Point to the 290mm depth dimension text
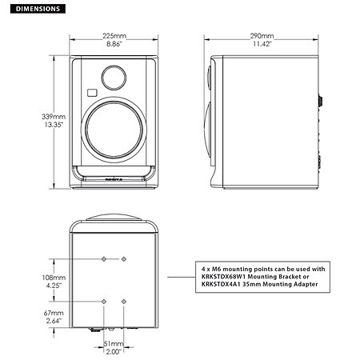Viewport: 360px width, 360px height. pos(261,37)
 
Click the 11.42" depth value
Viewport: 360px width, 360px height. pos(261,46)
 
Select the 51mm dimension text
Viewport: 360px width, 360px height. pos(114,344)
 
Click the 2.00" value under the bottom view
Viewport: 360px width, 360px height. pos(114,352)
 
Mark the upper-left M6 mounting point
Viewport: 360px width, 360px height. pos(105,259)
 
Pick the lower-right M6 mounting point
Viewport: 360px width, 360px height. pos(124,300)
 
